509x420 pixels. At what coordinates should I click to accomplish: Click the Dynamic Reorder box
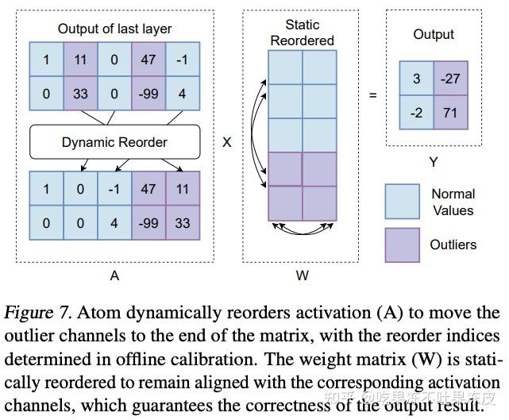pyautogui.click(x=114, y=143)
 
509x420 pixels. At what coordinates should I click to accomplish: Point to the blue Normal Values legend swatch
pyautogui.click(x=402, y=202)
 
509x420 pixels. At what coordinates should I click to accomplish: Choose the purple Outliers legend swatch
pyautogui.click(x=402, y=245)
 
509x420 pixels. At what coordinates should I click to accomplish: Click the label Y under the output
pyautogui.click(x=434, y=163)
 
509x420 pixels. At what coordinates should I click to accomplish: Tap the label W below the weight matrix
pyautogui.click(x=303, y=276)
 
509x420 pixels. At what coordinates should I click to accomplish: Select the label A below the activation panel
pyautogui.click(x=114, y=276)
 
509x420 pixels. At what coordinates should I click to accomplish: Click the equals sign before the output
pyautogui.click(x=372, y=95)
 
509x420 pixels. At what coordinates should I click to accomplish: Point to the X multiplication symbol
pyautogui.click(x=226, y=143)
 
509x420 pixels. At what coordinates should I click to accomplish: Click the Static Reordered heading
pyautogui.click(x=302, y=33)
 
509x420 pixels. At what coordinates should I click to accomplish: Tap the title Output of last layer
pyautogui.click(x=114, y=29)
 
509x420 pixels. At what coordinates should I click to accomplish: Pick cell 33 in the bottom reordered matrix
pyautogui.click(x=182, y=223)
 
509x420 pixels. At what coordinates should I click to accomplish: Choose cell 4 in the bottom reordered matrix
pyautogui.click(x=114, y=223)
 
